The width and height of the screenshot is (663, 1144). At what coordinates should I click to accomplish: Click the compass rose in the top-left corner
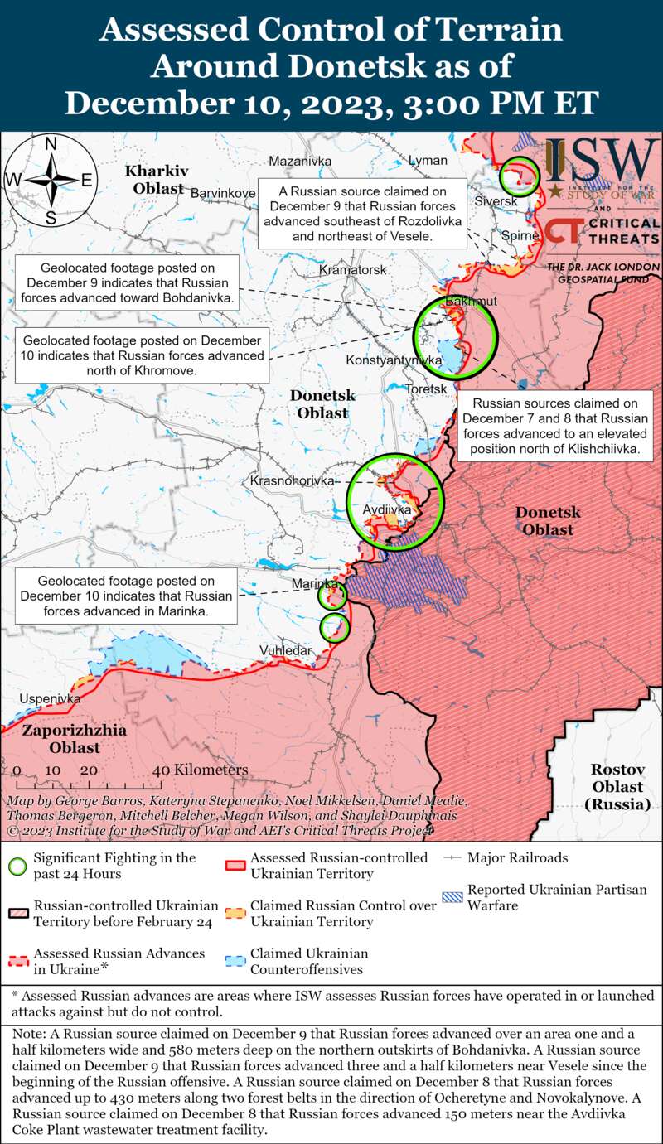tap(50, 180)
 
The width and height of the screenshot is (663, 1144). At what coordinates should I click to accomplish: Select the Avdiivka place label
tap(387, 509)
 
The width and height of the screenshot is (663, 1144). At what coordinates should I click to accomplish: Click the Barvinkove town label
tap(223, 193)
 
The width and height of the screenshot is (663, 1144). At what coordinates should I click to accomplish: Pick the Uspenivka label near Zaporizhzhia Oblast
tap(50, 698)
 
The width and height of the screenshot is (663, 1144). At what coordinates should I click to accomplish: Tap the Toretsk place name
tap(427, 389)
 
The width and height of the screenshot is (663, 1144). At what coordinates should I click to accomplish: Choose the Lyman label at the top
tap(427, 160)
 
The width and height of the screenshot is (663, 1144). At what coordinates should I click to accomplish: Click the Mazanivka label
tap(300, 161)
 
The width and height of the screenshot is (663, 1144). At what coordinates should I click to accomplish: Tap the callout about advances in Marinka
tap(125, 596)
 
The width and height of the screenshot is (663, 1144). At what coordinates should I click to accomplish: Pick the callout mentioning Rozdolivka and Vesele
tap(361, 213)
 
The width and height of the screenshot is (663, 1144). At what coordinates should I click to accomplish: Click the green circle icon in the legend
tap(16, 865)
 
